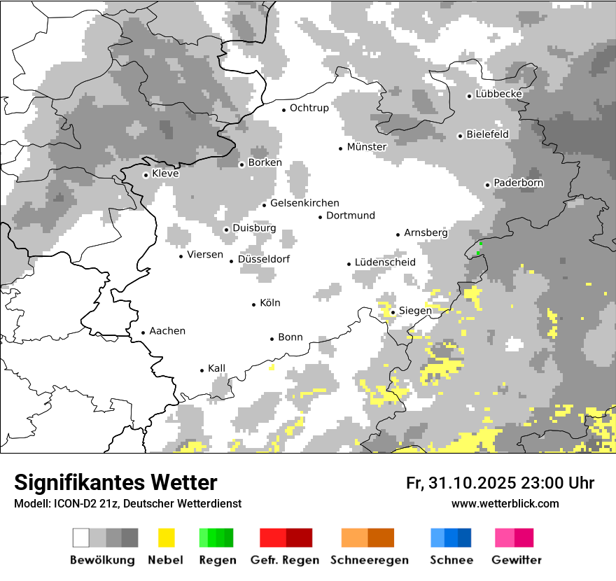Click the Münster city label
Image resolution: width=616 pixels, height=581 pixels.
click(367, 147)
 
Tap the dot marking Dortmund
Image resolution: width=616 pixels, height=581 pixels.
click(320, 217)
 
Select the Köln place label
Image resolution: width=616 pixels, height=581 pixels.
click(270, 303)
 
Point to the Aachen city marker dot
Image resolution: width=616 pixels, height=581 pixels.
click(143, 332)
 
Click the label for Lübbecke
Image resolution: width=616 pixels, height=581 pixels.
click(498, 94)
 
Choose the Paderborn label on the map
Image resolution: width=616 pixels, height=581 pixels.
click(519, 183)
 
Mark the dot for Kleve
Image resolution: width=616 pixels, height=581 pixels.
click(146, 175)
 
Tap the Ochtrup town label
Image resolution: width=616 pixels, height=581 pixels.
click(309, 108)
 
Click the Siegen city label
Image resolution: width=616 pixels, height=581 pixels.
click(414, 311)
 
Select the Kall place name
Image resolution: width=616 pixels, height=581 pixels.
click(217, 368)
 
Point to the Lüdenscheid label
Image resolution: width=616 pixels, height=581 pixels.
click(385, 262)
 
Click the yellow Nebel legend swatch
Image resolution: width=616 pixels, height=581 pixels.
click(166, 538)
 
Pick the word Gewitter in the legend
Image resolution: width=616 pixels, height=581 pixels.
click(516, 560)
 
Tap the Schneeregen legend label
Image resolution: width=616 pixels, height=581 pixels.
click(368, 560)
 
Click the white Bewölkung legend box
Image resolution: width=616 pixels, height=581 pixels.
click(81, 538)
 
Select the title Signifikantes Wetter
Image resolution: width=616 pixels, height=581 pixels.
click(115, 483)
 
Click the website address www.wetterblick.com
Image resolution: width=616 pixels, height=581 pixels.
click(505, 503)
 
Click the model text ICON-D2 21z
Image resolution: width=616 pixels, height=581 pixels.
click(80, 504)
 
